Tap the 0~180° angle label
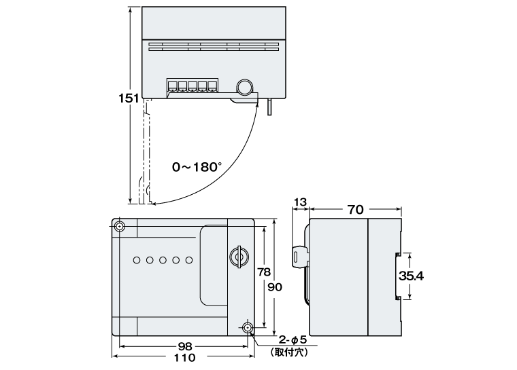coord(197,166)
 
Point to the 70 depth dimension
coord(355,210)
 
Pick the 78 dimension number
coord(265,272)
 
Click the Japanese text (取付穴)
coord(290,352)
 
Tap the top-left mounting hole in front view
coord(120,226)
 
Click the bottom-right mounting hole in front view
coord(247,329)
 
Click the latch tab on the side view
coord(298,256)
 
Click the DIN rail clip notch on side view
coord(396,276)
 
